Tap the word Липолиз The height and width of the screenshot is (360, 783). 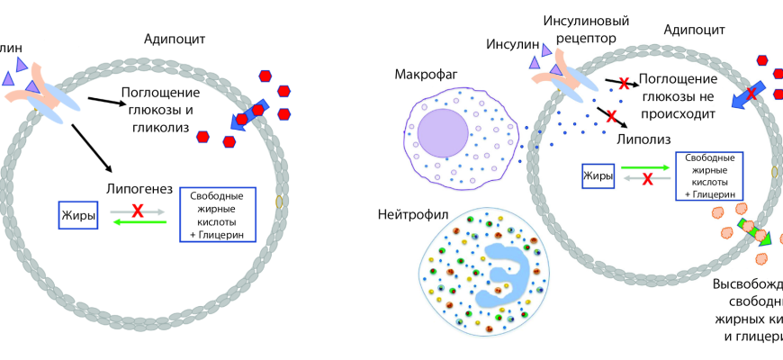click(x=645, y=139)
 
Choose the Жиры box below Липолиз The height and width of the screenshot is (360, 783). click(x=598, y=175)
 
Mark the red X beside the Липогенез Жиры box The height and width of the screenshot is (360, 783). click(x=138, y=211)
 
